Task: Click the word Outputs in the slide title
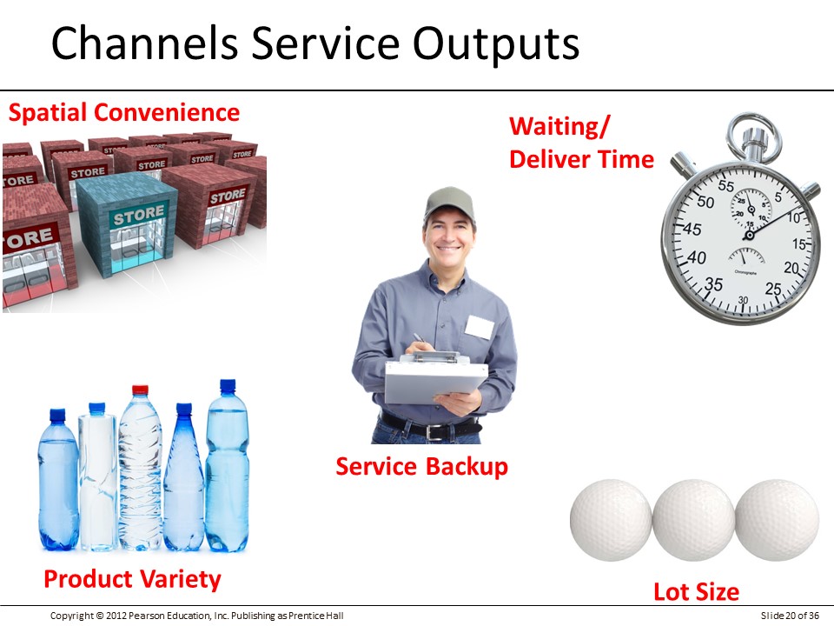pos(496,43)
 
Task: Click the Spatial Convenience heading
pos(124,112)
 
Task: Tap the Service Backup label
pos(422,467)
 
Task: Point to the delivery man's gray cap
pos(449,203)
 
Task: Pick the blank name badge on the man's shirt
pos(479,327)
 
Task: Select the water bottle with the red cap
pos(141,469)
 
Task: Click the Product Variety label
pos(132,580)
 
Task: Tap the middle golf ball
pos(694,520)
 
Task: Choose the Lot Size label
pos(696,592)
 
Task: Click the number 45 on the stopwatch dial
pos(692,230)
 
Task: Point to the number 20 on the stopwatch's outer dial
pos(791,268)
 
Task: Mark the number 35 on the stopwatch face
pos(713,284)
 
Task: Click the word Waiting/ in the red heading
pos(559,127)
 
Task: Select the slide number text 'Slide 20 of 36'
pos(790,616)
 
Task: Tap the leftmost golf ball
pos(611,520)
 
